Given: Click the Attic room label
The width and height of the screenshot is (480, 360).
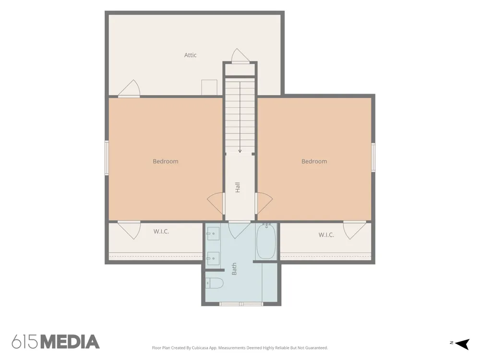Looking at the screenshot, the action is pos(190,55).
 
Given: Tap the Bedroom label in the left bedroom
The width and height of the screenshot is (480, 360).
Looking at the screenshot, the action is pos(165,161).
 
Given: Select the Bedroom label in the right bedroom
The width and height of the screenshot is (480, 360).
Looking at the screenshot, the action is pos(314,161).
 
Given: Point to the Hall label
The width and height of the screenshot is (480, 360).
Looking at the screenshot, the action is pos(238,187).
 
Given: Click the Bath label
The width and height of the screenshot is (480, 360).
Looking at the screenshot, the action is pos(234,269).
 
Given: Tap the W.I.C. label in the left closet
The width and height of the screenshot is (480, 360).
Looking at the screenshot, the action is pos(161,231).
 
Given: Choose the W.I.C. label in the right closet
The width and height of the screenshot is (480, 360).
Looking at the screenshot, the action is pos(326,235).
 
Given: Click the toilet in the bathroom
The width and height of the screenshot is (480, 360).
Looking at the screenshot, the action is pos(214,283).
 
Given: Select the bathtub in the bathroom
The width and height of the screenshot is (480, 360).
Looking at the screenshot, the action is pos(266,241).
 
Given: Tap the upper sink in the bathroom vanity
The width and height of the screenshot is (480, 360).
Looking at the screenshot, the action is pos(213,234).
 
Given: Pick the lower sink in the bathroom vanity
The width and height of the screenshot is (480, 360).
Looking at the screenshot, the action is pos(213,259).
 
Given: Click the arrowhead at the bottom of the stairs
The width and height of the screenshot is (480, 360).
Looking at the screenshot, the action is pos(240,151).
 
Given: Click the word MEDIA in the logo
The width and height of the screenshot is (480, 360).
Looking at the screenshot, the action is pos(70,342).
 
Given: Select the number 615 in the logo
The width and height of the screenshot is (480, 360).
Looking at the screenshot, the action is pos(25,342).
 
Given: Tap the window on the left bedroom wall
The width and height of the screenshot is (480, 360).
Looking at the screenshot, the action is pos(107,157).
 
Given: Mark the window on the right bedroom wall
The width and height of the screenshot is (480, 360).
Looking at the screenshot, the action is pos(373,157).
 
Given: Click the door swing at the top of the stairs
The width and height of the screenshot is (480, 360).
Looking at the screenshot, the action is pos(240,56).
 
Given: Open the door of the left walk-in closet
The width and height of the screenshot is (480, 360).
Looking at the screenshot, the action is pos(129,230).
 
